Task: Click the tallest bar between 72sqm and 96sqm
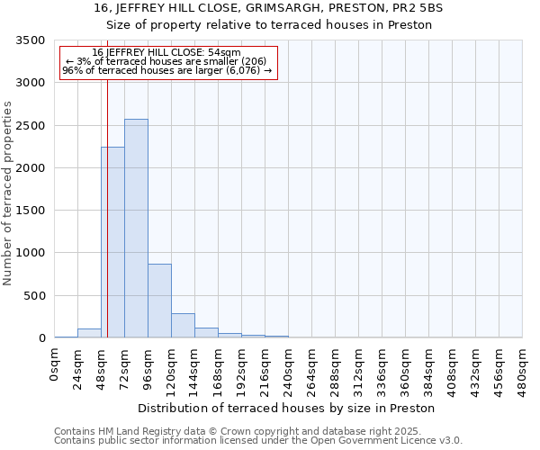[136, 229]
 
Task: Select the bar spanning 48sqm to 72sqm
[112, 242]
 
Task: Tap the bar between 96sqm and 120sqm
[159, 301]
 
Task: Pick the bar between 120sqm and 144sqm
[183, 326]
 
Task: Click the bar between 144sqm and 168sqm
[206, 333]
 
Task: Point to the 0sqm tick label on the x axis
[55, 364]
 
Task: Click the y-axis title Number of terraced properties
[8, 193]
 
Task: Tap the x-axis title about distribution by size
[288, 408]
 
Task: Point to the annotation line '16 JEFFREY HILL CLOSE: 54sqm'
[166, 53]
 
